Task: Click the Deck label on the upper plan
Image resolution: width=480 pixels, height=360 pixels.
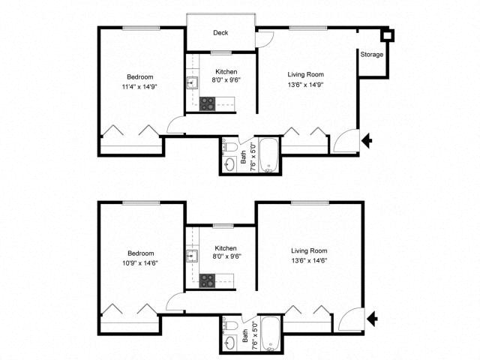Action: pyautogui.click(x=220, y=32)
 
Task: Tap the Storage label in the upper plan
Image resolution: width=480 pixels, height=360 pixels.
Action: pyautogui.click(x=372, y=55)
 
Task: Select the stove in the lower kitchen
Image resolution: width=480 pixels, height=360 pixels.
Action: pyautogui.click(x=208, y=280)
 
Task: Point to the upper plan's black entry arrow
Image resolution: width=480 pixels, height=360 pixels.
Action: pyautogui.click(x=367, y=140)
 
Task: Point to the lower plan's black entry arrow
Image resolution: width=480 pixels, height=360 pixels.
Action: pyautogui.click(x=372, y=320)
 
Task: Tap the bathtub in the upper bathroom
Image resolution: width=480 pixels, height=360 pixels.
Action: pyautogui.click(x=268, y=154)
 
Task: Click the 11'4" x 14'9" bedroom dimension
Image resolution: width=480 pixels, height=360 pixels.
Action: pyautogui.click(x=140, y=86)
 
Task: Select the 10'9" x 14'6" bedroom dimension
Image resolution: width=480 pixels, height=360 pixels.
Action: pyautogui.click(x=140, y=262)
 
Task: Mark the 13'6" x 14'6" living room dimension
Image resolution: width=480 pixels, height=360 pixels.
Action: pyautogui.click(x=309, y=260)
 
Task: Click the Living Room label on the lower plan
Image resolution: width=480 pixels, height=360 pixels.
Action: pyautogui.click(x=309, y=250)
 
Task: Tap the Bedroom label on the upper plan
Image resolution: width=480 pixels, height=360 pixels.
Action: pyautogui.click(x=140, y=76)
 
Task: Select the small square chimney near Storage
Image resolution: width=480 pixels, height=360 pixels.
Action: pyautogui.click(x=387, y=34)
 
